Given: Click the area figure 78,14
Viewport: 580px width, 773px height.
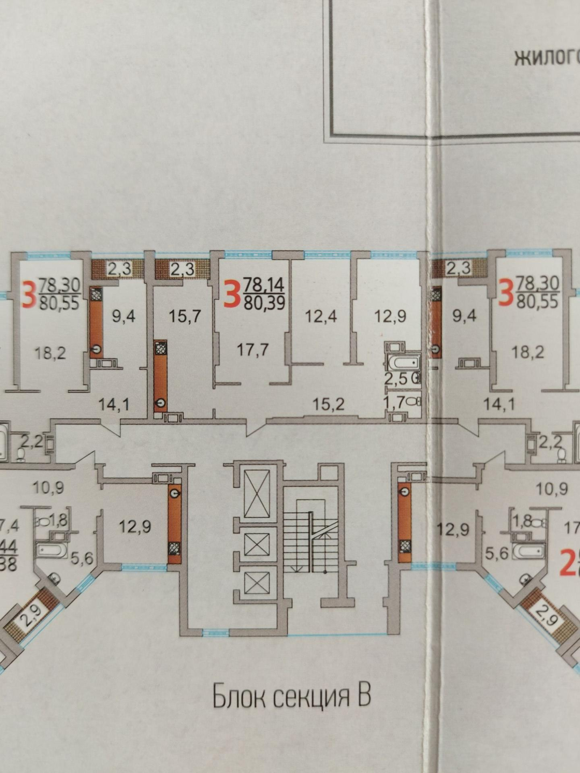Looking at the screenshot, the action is tap(264, 284).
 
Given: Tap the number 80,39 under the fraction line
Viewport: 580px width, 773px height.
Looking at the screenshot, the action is tap(264, 303).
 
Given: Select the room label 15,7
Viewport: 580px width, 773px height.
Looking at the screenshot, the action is tap(185, 316).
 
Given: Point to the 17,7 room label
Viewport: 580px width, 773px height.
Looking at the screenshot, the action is tap(252, 351).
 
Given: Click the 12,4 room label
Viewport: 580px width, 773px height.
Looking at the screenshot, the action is tap(321, 316).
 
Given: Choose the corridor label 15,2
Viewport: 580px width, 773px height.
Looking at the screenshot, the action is tap(329, 404).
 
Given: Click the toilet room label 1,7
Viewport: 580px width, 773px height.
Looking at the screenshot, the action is tap(395, 401).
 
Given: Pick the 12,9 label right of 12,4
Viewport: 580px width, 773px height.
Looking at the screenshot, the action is tap(389, 316).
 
